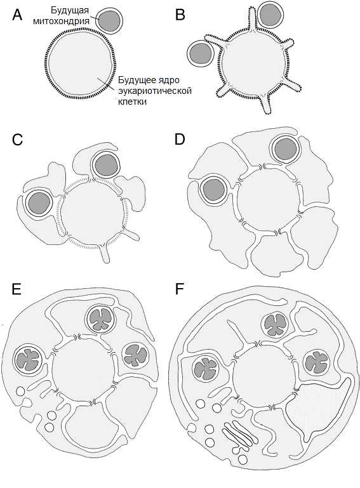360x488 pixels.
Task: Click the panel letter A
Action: [x=17, y=15]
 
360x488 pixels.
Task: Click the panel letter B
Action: [x=180, y=15]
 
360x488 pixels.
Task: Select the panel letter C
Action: [x=17, y=140]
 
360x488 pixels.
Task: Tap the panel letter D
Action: [x=180, y=140]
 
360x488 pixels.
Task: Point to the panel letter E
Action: [x=16, y=289]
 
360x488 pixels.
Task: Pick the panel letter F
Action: [x=180, y=289]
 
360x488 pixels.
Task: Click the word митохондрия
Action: [x=61, y=21]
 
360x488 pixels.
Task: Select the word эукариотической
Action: [x=154, y=91]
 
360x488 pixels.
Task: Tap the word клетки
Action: [x=132, y=102]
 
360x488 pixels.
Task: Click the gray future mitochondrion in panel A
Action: [x=109, y=21]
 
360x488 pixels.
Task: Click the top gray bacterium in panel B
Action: [x=270, y=15]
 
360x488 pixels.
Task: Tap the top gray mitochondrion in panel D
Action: [x=286, y=148]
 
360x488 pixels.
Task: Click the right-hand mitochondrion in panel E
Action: [x=135, y=355]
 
